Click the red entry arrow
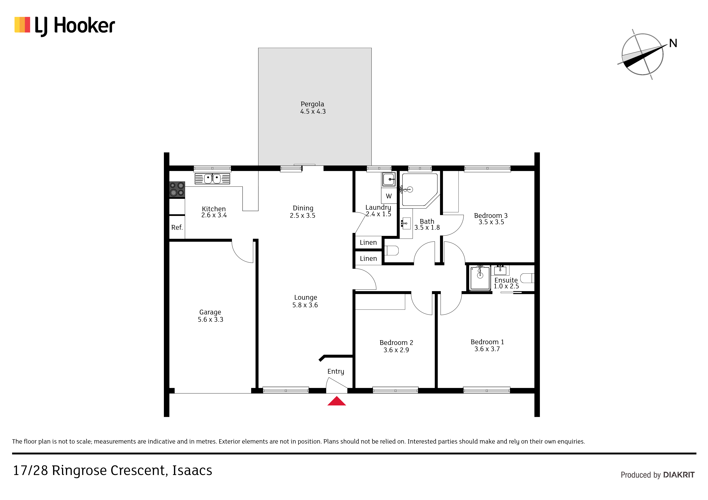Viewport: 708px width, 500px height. click(x=336, y=401)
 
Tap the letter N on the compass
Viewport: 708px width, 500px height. click(x=673, y=43)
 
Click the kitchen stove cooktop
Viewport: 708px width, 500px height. click(x=177, y=189)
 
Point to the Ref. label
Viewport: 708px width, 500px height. click(x=177, y=227)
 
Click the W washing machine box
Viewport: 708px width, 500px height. click(x=389, y=196)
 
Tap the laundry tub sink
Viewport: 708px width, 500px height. click(x=389, y=179)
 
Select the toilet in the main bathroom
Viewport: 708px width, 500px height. click(x=391, y=250)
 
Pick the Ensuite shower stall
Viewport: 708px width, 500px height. click(x=480, y=278)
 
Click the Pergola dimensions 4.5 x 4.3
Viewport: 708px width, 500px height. click(x=313, y=111)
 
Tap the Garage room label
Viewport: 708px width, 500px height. click(x=210, y=312)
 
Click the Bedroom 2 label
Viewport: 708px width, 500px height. click(x=396, y=343)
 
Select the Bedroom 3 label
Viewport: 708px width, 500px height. click(x=491, y=216)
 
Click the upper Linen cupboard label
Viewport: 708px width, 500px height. click(x=368, y=243)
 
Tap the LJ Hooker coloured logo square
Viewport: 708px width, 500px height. click(x=22, y=25)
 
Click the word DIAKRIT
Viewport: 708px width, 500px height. click(x=679, y=475)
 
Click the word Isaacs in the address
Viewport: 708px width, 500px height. click(x=192, y=470)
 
